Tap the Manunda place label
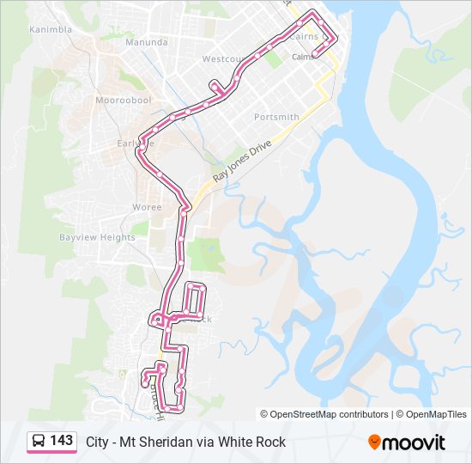pyautogui.click(x=147, y=41)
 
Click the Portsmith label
pyautogui.click(x=276, y=117)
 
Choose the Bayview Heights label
pyautogui.click(x=97, y=237)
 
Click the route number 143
pyautogui.click(x=62, y=441)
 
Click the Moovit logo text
pyautogui.click(x=414, y=443)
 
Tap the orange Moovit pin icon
pyautogui.click(x=374, y=442)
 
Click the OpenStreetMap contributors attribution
pyautogui.click(x=324, y=414)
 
